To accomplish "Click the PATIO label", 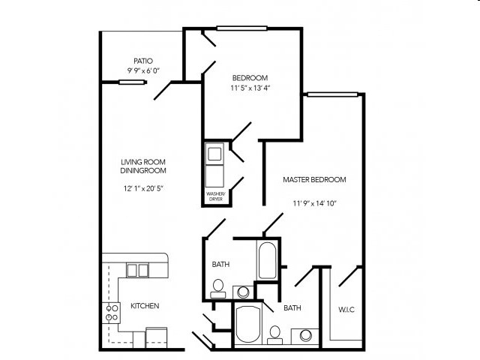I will click(x=143, y=60).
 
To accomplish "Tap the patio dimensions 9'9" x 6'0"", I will click(x=143, y=71).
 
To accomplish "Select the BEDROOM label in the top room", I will click(x=250, y=77).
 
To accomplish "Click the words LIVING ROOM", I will click(x=143, y=162).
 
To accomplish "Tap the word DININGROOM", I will click(x=143, y=172).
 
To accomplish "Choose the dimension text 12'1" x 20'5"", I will click(x=143, y=188).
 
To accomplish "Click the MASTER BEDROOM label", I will click(x=313, y=180).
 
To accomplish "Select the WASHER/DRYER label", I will click(x=216, y=197).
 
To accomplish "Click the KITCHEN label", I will click(x=145, y=306).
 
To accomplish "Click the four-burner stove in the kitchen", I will click(x=111, y=313).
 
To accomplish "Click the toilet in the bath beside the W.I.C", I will click(x=275, y=331).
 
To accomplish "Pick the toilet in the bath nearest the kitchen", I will click(x=218, y=286).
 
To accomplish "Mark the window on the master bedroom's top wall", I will click(x=331, y=94).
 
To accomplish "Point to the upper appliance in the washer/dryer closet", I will click(x=215, y=154).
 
